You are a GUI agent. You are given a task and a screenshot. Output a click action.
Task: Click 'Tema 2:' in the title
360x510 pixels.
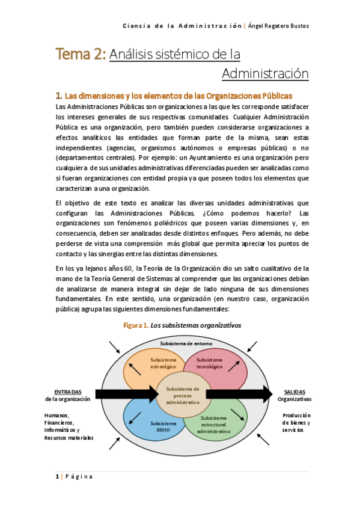pos(81,54)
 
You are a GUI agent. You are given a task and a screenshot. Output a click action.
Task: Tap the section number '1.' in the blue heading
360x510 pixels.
pos(59,96)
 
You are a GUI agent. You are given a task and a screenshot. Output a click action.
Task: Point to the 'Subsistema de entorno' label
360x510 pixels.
pos(183,343)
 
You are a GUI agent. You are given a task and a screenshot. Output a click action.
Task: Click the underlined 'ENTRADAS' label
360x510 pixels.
pos(67,391)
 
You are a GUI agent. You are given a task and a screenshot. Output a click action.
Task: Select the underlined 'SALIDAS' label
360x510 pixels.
pos(294,391)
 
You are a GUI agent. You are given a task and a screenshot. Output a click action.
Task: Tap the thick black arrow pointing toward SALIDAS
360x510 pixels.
pos(238,394)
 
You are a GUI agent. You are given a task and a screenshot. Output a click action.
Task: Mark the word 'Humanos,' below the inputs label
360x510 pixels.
pos(57,415)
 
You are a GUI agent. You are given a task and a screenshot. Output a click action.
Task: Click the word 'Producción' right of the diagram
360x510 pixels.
pos(297,415)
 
